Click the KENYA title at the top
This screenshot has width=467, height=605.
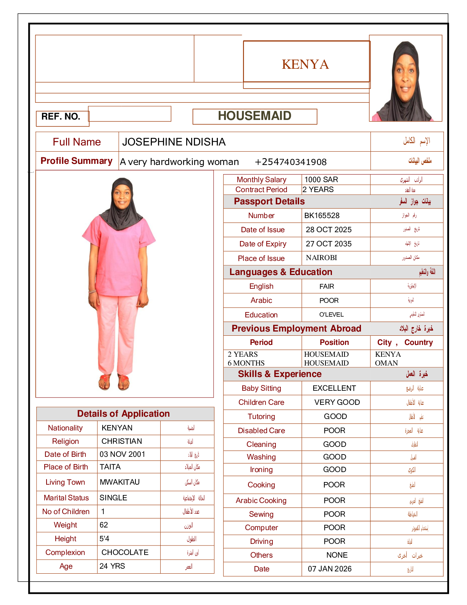[x=305, y=64]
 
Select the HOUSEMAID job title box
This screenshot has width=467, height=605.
[x=254, y=116]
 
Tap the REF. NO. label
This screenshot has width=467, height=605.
[x=61, y=116]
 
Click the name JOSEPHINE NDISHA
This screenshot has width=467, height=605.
[x=174, y=142]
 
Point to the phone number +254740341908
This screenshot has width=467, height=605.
[x=291, y=162]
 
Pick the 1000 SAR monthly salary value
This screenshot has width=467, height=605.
[x=321, y=180]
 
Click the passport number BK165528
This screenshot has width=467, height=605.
[x=322, y=215]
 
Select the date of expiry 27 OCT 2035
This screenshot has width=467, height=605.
[x=329, y=244]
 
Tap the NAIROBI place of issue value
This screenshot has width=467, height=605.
[x=322, y=258]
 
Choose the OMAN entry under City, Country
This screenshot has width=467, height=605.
[x=386, y=363]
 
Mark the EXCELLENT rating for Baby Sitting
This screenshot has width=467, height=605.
[x=334, y=388]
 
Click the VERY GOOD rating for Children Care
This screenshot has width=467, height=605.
[x=337, y=402]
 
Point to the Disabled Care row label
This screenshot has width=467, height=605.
[x=261, y=430]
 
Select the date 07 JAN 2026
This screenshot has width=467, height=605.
[x=330, y=569]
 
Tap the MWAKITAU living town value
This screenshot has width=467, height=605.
[x=120, y=482]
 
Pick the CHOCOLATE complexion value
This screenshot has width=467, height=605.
[x=125, y=552]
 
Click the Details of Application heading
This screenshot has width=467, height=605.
[x=123, y=414]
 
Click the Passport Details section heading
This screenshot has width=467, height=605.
[x=269, y=201]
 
